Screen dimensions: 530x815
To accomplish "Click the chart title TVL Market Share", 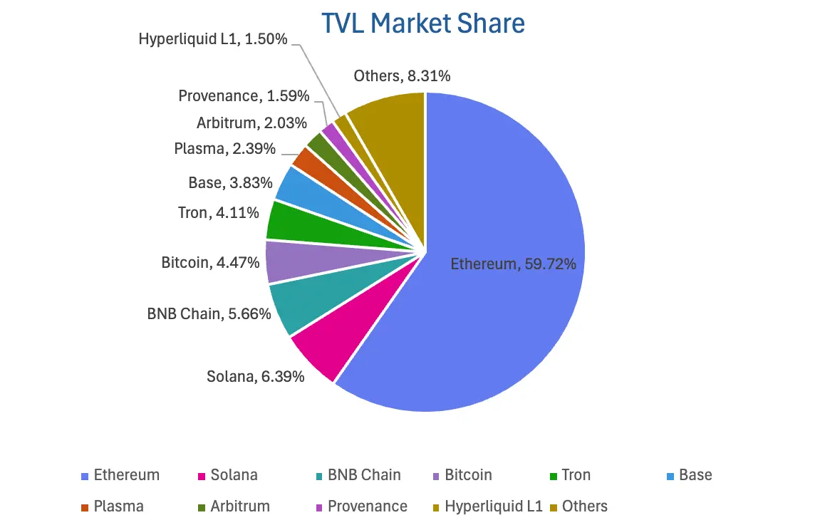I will click(x=423, y=24).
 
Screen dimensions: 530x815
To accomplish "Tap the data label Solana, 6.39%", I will click(x=256, y=376).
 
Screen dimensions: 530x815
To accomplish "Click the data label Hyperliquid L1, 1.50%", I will click(x=213, y=39).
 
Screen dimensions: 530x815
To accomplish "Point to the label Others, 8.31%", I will click(x=402, y=76).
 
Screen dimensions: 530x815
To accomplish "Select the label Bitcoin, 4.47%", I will click(x=210, y=262).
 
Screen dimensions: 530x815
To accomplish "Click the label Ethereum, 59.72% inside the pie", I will click(x=513, y=264).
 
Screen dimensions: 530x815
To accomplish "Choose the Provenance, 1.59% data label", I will click(x=244, y=95).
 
